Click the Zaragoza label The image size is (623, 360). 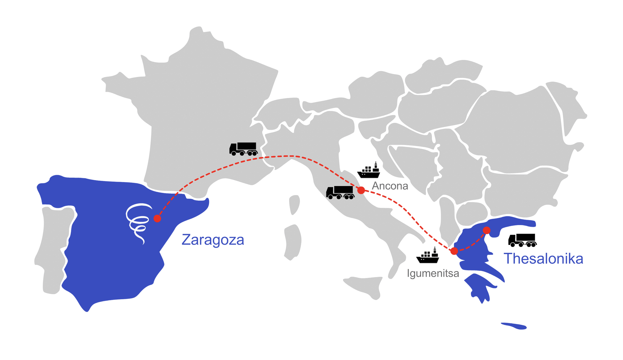[x=213, y=240]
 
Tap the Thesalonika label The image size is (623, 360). [x=543, y=259]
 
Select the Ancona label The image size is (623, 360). [x=390, y=186]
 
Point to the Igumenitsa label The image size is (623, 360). [x=433, y=273]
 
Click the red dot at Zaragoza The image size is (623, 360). [x=157, y=218]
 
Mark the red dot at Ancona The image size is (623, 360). [x=361, y=190]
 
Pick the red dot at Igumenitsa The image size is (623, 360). [x=454, y=251]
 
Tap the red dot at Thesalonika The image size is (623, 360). [x=487, y=230]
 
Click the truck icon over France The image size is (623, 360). [x=243, y=149]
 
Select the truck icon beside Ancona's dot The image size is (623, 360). [x=340, y=192]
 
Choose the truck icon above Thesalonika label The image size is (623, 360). [x=522, y=240]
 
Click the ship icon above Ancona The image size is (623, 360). [x=369, y=170]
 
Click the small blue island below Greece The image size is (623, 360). [x=514, y=326]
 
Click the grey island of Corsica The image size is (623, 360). [x=294, y=204]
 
